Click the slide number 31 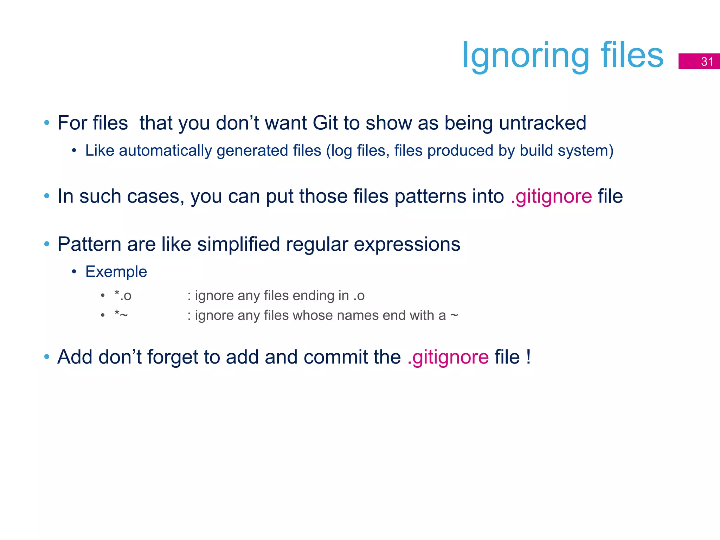[707, 62]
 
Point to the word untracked [542, 123]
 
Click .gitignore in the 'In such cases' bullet [551, 196]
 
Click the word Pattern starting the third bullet [89, 244]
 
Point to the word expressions [407, 245]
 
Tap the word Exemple [116, 272]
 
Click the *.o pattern [123, 296]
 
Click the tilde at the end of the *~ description [454, 315]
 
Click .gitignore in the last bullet [448, 357]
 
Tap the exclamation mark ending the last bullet [528, 357]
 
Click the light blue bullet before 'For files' [47, 123]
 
